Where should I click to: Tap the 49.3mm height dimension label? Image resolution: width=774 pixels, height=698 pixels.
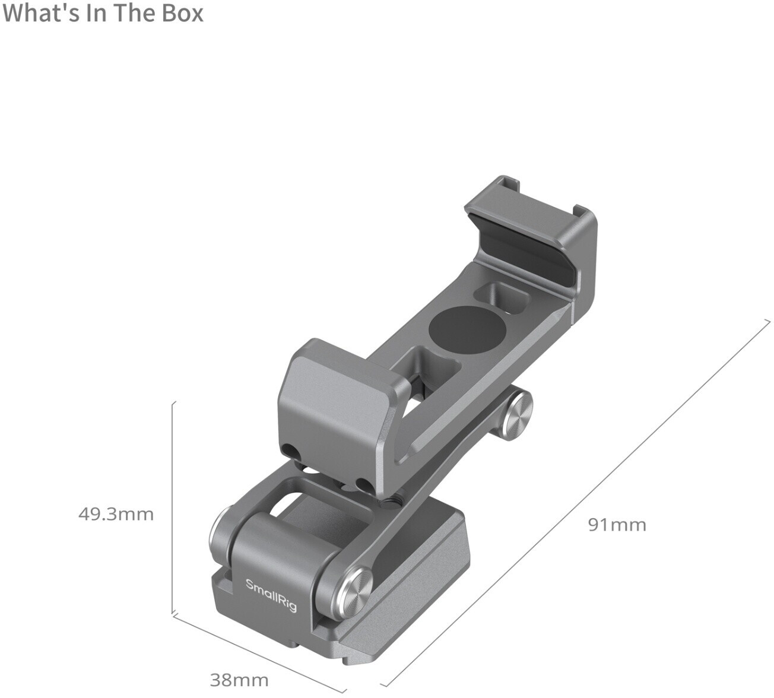coord(116,515)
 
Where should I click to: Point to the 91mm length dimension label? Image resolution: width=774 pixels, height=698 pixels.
coord(617,525)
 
